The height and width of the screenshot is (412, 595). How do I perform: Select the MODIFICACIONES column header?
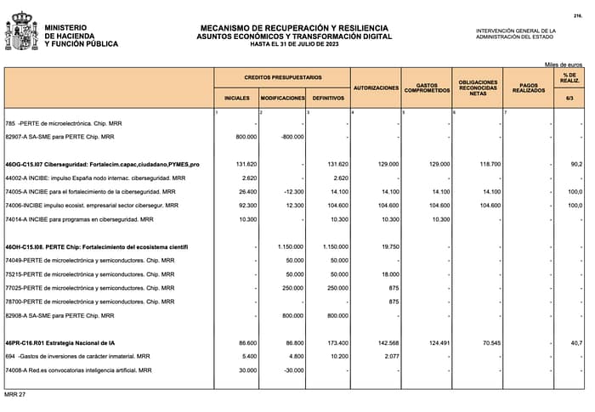point(282,99)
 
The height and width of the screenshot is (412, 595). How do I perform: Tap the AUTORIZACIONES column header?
point(376,87)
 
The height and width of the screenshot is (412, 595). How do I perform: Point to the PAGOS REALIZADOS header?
point(529,87)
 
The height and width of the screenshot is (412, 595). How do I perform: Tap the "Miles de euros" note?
point(564,65)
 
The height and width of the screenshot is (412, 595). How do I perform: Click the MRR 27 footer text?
point(15,396)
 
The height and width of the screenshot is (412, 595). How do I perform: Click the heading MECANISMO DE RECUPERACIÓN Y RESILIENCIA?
point(294,28)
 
